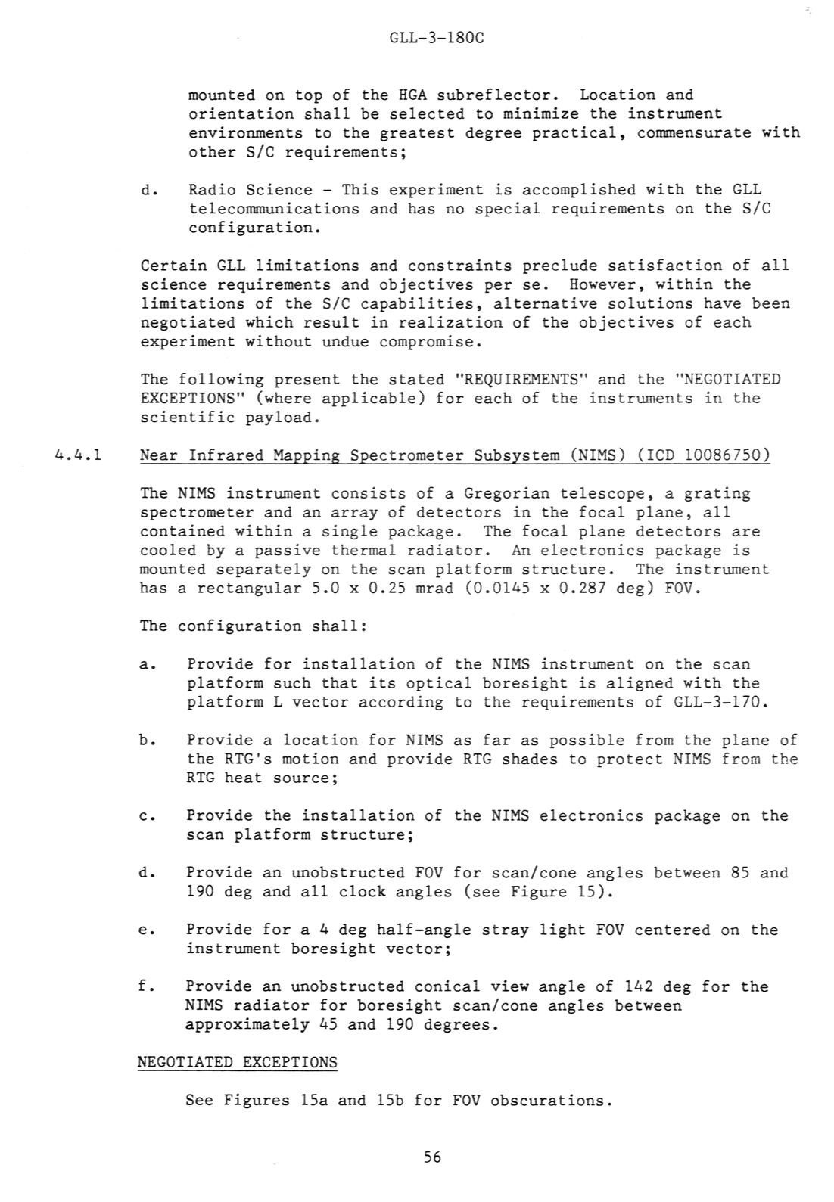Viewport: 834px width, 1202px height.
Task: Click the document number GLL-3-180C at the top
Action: [x=435, y=36]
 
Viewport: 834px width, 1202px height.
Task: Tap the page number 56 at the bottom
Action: [x=432, y=1157]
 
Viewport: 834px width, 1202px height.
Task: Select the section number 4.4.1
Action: [x=79, y=455]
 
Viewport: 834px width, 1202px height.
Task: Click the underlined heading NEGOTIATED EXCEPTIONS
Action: [x=237, y=1062]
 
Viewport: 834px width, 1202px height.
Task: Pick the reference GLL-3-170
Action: [x=719, y=702]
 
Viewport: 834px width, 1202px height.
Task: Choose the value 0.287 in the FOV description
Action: [x=582, y=588]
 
